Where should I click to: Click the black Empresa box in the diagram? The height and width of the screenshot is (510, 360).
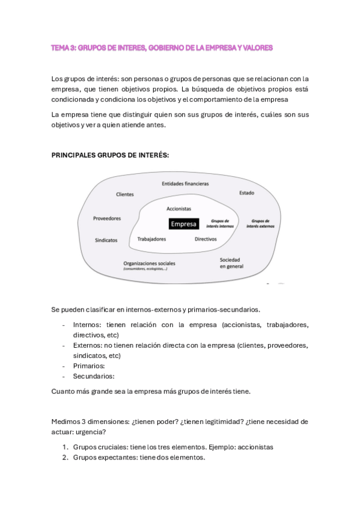184,224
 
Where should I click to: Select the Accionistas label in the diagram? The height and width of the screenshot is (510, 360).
178,209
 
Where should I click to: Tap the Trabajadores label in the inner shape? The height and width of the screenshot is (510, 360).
151,239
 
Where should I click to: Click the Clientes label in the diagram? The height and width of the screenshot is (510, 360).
125,194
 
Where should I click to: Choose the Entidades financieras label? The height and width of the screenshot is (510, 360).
185,183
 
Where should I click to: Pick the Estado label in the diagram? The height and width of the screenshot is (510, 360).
246,193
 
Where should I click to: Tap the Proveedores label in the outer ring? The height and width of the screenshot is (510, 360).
107,218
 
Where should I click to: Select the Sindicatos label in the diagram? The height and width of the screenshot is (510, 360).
106,240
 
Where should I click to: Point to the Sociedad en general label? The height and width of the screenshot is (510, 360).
231,262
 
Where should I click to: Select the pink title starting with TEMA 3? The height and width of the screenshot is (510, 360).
162,47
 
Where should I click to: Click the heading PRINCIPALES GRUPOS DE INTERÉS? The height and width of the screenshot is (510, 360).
110,155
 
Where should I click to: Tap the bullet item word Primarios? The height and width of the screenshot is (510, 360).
89,366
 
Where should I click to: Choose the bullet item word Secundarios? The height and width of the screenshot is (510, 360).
93,376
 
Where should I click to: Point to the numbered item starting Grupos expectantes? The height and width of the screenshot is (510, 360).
139,458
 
